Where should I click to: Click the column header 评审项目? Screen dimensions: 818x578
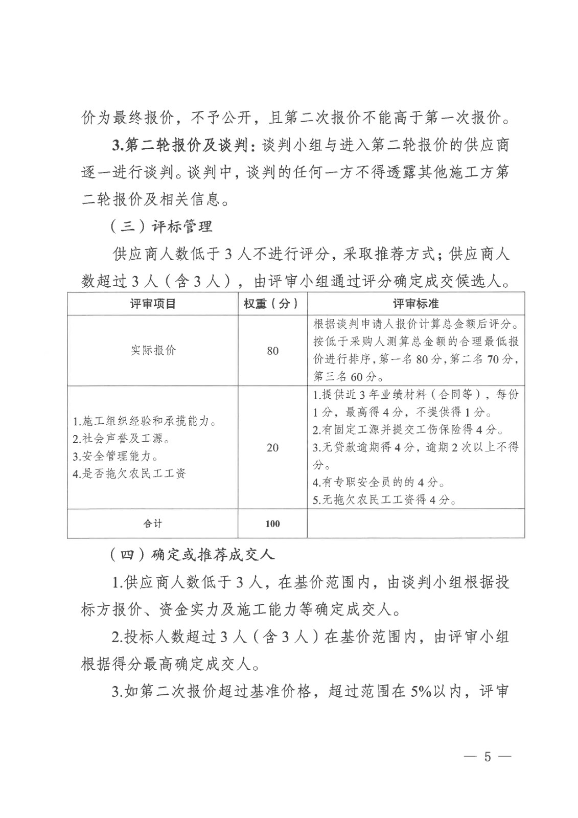click(x=153, y=304)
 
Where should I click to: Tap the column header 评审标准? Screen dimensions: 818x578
click(x=415, y=304)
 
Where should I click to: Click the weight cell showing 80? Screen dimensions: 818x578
click(x=272, y=351)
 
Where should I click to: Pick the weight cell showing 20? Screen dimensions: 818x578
click(x=272, y=447)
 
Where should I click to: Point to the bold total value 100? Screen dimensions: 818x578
click(x=272, y=524)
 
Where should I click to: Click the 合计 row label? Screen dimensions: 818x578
click(x=153, y=524)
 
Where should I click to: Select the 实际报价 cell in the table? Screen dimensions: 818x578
click(x=153, y=351)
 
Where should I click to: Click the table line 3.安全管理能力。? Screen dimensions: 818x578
click(x=115, y=456)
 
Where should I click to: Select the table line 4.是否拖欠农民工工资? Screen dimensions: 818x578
click(x=129, y=473)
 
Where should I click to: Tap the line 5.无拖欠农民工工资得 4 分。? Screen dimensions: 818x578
click(x=384, y=500)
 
